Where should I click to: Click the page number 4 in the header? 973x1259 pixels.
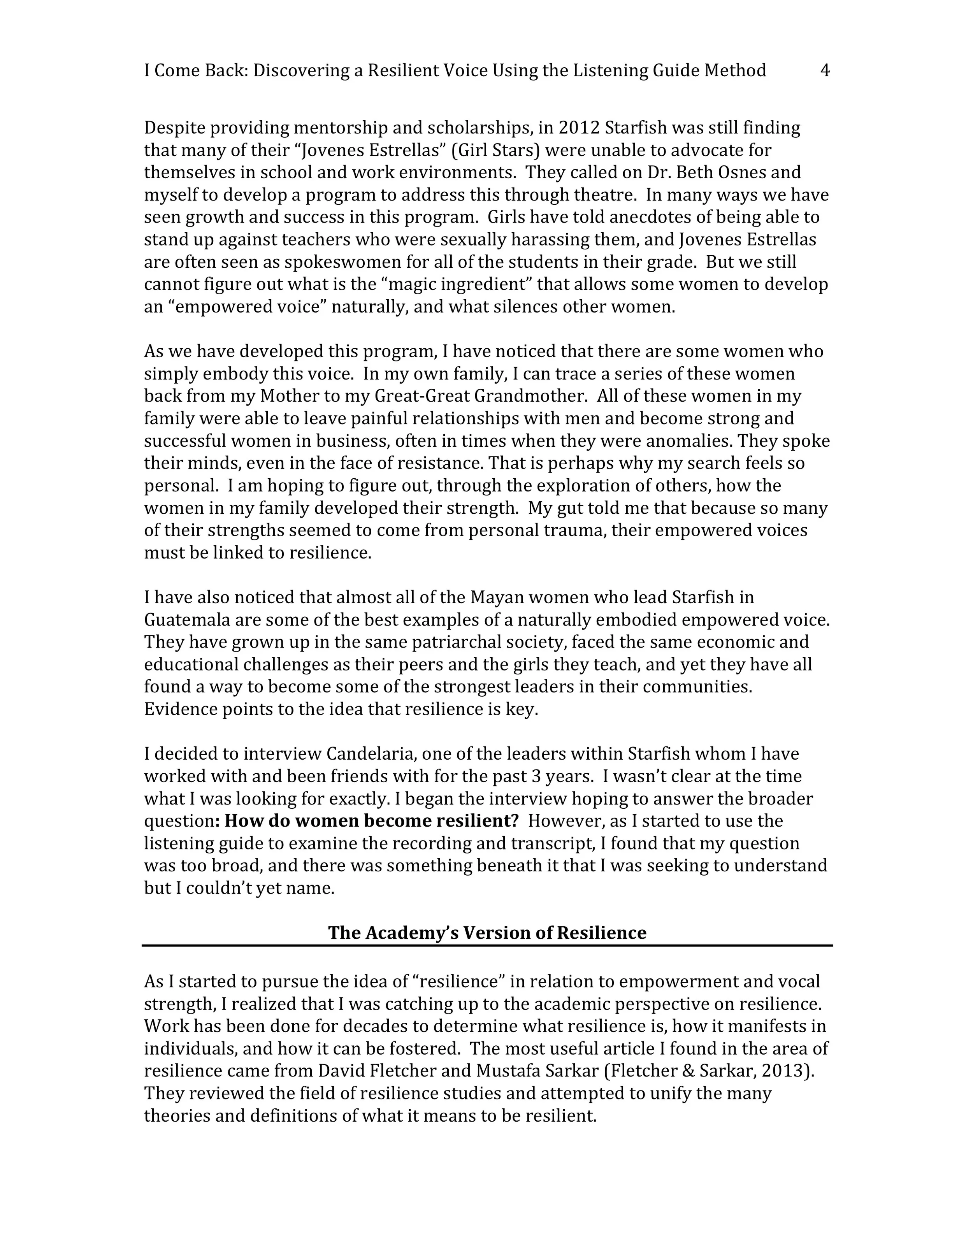825,71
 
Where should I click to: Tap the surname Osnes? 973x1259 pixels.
745,172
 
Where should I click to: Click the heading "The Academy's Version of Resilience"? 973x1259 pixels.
487,933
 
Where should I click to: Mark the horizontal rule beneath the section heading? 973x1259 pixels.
487,946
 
